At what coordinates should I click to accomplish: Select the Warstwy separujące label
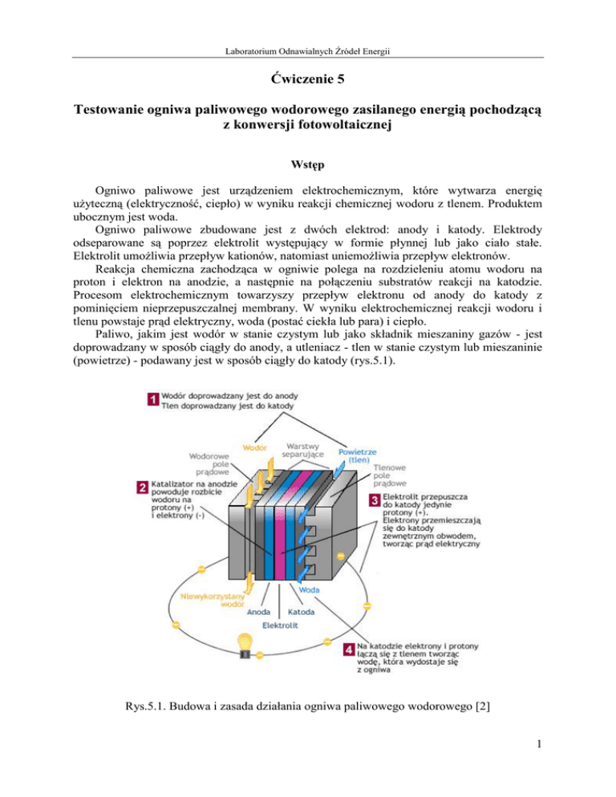(x=306, y=450)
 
